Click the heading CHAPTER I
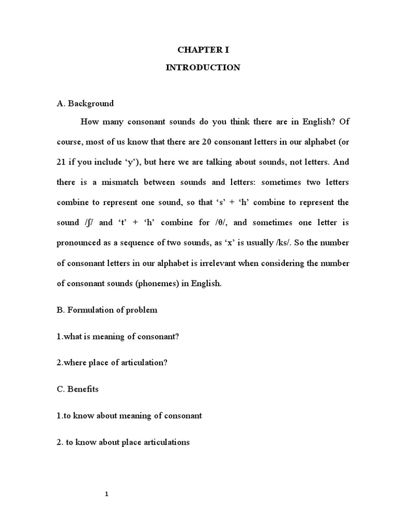[203, 50]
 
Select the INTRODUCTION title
[203, 68]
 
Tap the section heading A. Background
[85, 103]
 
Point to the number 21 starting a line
[62, 162]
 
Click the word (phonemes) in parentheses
[156, 284]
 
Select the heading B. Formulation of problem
[107, 310]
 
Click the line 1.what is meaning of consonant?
[118, 336]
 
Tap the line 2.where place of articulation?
[112, 363]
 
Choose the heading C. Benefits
[78, 389]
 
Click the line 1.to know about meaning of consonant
[129, 415]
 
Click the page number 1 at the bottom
[106, 494]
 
